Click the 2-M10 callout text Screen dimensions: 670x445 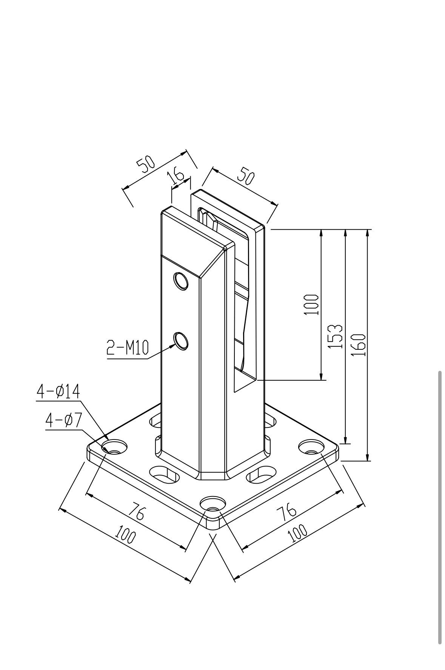128,347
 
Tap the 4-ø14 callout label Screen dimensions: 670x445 58,392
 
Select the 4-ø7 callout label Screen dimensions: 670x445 63,420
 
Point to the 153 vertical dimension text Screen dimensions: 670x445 336,336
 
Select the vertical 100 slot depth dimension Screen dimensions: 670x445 311,305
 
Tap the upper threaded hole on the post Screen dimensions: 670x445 181,281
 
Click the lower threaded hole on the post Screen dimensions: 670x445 181,341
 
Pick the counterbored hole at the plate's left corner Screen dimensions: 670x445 114,447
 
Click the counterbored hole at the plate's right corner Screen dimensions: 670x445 311,447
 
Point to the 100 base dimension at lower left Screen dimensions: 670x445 125,535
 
